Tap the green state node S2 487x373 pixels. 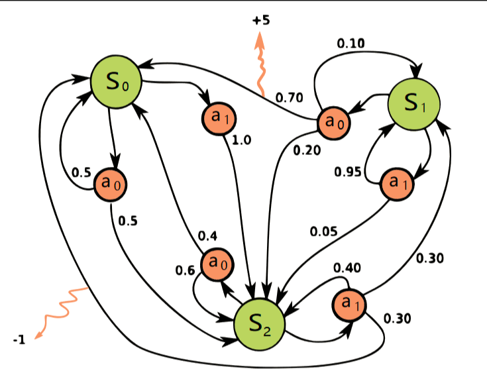[x=260, y=323]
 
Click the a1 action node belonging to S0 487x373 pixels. [x=219, y=118]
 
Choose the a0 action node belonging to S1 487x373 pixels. [x=334, y=122]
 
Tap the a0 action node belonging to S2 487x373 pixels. [x=218, y=263]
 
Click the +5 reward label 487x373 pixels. [x=261, y=21]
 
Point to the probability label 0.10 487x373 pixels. [x=351, y=43]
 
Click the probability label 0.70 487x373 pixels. [x=289, y=98]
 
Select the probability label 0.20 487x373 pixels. [x=306, y=150]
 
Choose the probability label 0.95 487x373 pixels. [x=348, y=172]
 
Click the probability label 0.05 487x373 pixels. [x=323, y=232]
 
